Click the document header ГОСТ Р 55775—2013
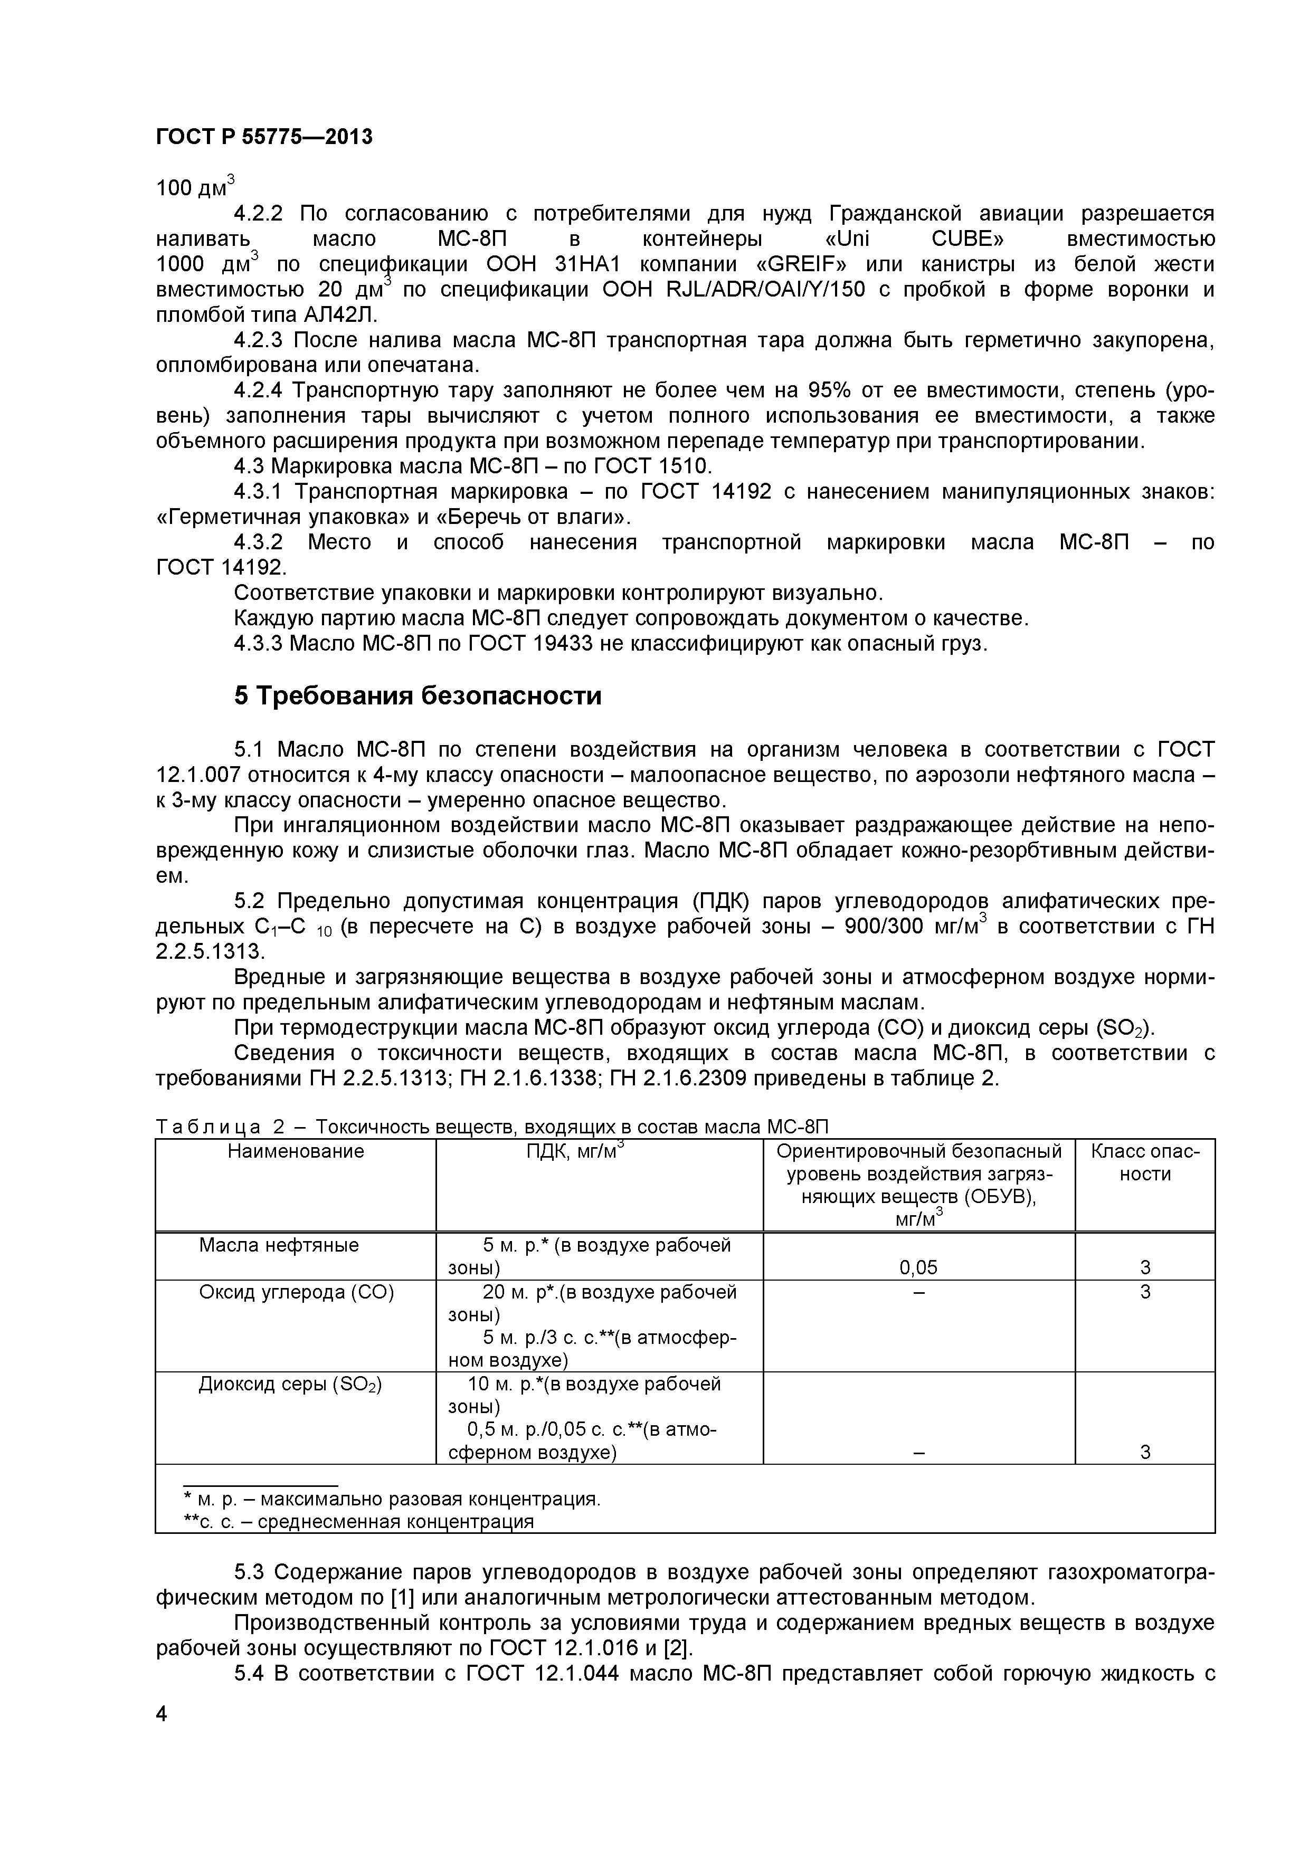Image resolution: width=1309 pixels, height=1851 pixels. click(x=264, y=137)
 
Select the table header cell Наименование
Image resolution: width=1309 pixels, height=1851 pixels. click(x=295, y=1151)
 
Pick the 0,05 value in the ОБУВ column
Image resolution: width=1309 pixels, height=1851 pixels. click(x=918, y=1268)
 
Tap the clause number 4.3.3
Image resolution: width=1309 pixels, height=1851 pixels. click(x=258, y=644)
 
